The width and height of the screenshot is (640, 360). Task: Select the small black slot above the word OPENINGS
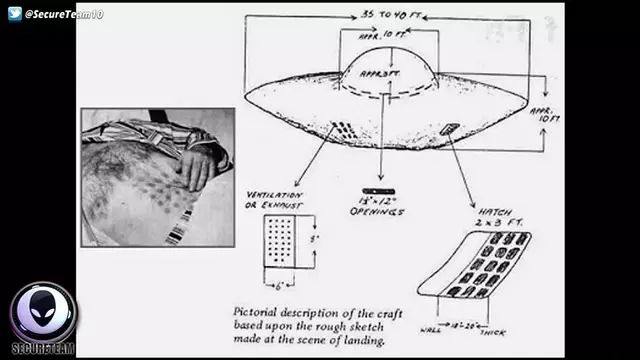tap(378, 190)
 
